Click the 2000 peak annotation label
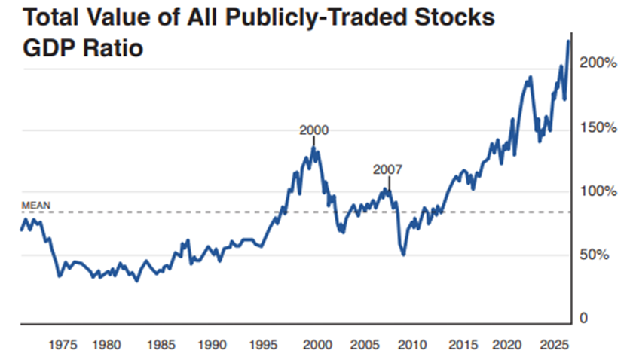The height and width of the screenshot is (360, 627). point(314,130)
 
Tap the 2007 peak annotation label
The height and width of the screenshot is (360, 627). point(389,169)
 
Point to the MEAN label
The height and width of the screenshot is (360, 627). point(35,204)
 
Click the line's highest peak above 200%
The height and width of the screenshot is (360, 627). point(569,41)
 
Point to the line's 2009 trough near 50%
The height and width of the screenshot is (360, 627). point(404,255)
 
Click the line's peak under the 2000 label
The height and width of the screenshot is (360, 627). point(313,149)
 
